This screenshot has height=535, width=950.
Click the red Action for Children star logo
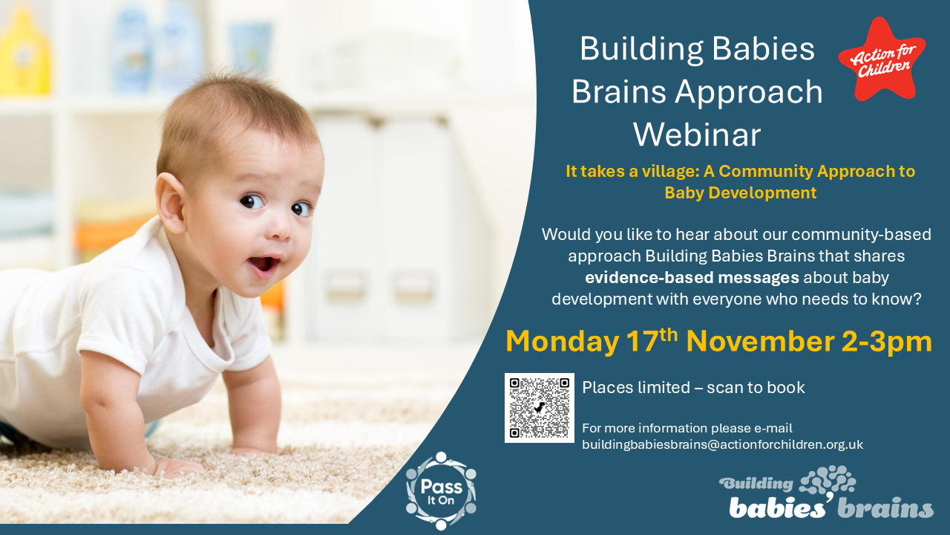(881, 59)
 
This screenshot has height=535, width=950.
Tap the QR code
(539, 408)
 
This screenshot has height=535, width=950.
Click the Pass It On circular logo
(441, 491)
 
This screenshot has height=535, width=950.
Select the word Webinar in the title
(697, 135)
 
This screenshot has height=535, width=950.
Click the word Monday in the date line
(563, 341)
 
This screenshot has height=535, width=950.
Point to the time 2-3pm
(886, 343)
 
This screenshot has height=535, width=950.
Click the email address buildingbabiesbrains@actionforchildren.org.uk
(722, 444)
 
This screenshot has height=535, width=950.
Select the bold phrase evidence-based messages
(692, 278)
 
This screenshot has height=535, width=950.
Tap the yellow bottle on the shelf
(24, 51)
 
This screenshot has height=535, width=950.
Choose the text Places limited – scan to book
(693, 388)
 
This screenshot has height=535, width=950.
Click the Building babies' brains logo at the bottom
(826, 493)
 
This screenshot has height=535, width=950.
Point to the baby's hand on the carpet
(178, 467)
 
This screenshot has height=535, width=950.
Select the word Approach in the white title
(749, 93)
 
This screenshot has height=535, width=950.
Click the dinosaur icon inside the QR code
(539, 408)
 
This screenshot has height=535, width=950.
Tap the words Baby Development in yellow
(741, 192)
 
